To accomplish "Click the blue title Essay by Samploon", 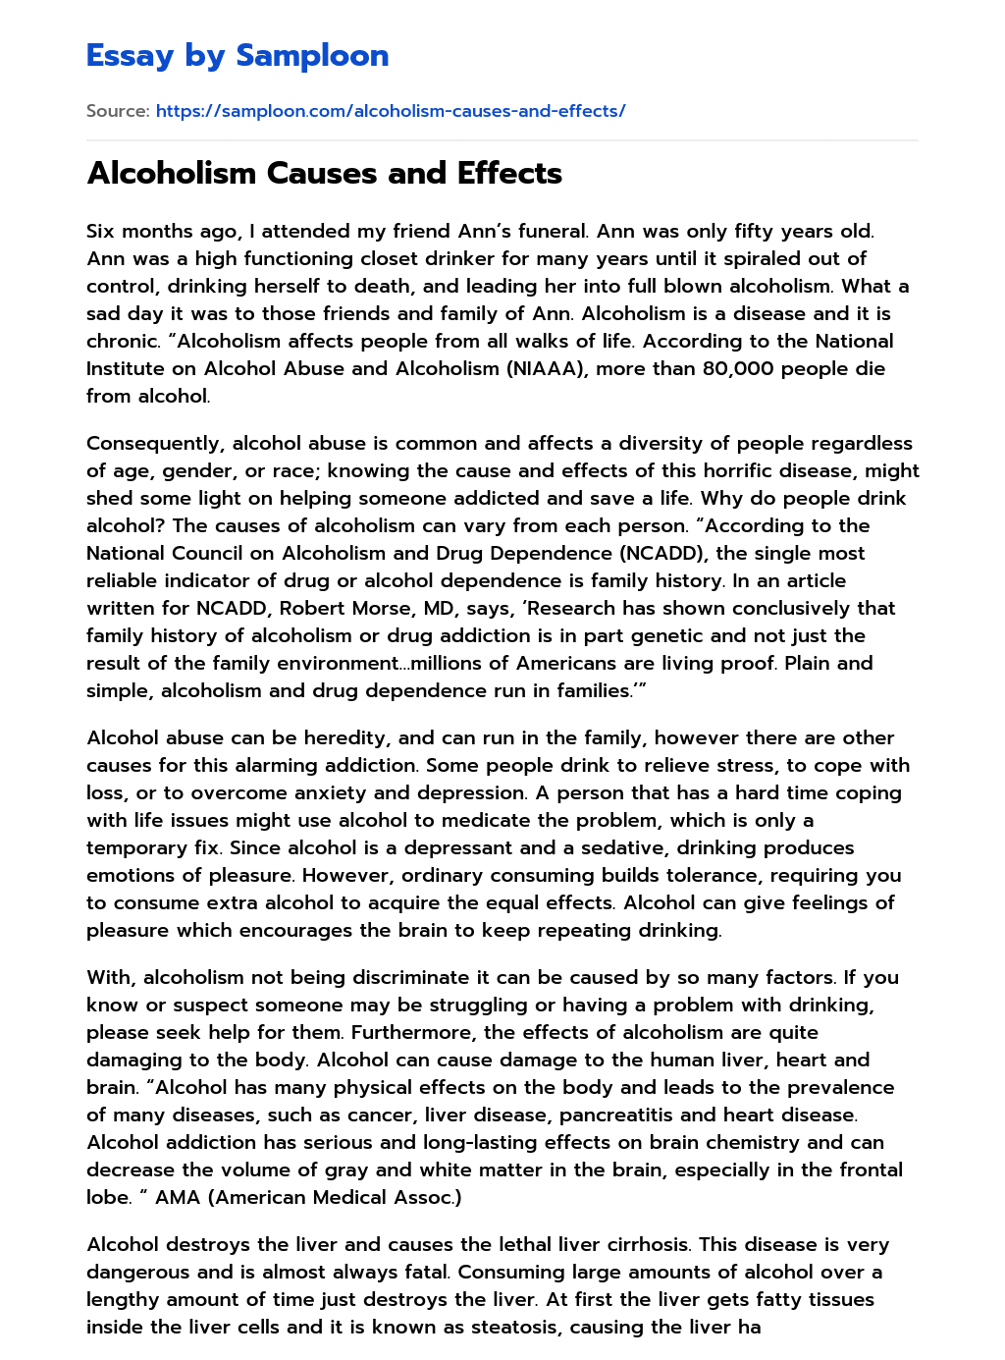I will pos(238,56).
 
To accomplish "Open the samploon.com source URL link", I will pos(390,111).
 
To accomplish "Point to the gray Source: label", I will pos(118,111).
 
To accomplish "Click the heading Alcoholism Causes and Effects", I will pos(324,173).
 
